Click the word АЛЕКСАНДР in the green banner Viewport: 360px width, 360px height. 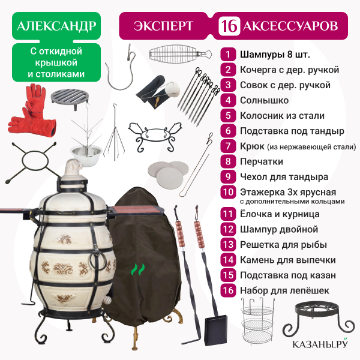[x=56, y=26]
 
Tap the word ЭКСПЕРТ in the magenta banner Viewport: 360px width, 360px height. [x=163, y=26]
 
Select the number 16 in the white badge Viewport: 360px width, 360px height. [x=229, y=26]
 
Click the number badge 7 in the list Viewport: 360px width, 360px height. [x=228, y=146]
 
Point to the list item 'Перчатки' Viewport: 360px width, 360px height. [x=261, y=161]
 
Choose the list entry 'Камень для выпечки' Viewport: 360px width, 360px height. [x=287, y=260]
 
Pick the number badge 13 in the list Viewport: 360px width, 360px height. [x=228, y=245]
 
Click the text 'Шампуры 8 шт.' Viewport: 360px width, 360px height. [x=275, y=55]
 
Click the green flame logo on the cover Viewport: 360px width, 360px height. [x=138, y=269]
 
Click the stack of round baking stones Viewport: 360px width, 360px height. [x=168, y=172]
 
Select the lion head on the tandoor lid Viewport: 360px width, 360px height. [x=73, y=167]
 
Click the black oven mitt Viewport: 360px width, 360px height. [x=151, y=92]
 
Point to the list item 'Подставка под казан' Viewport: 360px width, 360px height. [x=287, y=275]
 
